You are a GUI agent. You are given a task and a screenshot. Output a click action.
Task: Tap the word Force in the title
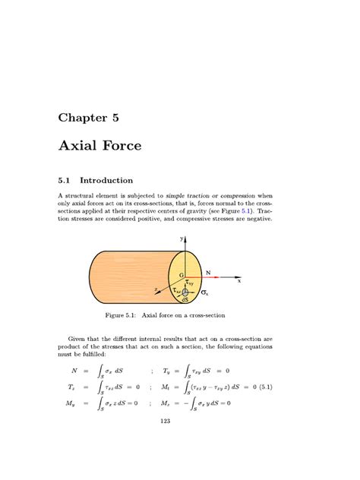click(121, 145)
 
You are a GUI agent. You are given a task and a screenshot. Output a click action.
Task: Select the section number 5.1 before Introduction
click(66, 181)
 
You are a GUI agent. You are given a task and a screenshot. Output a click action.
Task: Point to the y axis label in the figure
click(182, 238)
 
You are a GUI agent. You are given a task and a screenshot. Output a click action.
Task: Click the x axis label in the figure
click(238, 280)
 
